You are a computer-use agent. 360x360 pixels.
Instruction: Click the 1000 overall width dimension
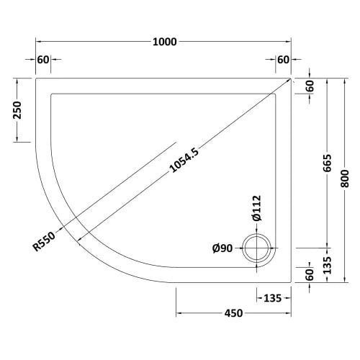[x=163, y=42]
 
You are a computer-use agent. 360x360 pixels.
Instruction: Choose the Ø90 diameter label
[x=223, y=249]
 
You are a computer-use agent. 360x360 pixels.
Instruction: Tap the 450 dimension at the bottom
[x=233, y=313]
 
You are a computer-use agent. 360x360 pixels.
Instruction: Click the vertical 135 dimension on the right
[x=328, y=265]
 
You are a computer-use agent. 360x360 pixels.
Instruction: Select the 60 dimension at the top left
[x=42, y=60]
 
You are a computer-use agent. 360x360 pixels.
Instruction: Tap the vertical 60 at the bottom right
[x=310, y=274]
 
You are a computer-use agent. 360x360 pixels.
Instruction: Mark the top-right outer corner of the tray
[x=292, y=78]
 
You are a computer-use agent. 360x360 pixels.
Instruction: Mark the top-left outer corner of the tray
[x=36, y=78]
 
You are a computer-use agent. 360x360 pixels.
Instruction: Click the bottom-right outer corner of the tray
[x=292, y=282]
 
